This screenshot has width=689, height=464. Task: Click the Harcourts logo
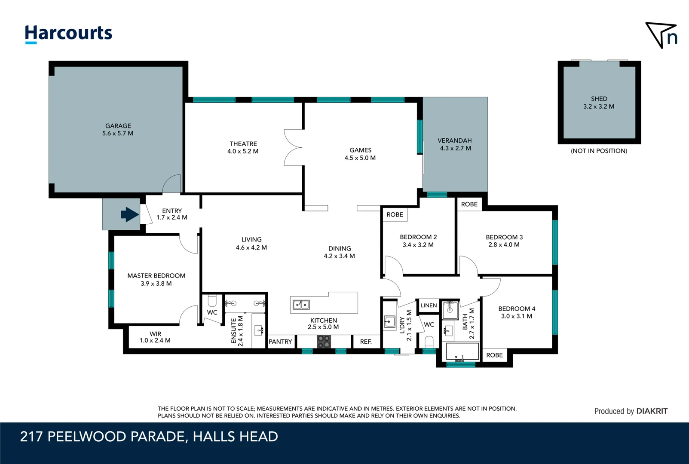click(68, 34)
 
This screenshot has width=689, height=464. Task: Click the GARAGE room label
click(118, 126)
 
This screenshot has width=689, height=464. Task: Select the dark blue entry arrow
click(130, 214)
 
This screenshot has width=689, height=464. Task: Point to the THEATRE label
click(243, 143)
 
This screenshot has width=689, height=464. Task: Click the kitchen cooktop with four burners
click(324, 342)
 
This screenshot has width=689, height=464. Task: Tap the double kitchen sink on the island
click(301, 305)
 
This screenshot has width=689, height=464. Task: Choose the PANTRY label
click(280, 342)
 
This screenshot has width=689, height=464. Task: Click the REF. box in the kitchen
click(366, 342)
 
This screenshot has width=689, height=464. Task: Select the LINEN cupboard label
click(429, 305)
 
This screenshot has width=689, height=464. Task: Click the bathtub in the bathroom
click(462, 351)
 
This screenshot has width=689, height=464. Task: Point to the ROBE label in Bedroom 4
click(494, 355)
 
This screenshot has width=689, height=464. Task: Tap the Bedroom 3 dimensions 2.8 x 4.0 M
click(504, 245)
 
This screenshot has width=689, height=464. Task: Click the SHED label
click(599, 99)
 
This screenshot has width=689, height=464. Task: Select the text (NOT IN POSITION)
click(599, 151)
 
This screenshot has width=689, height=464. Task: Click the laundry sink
click(389, 322)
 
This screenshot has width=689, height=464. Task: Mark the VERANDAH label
click(455, 140)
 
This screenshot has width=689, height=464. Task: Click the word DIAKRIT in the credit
click(652, 411)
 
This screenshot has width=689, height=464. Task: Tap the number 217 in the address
click(31, 437)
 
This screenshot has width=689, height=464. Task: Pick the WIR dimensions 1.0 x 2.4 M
click(155, 340)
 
